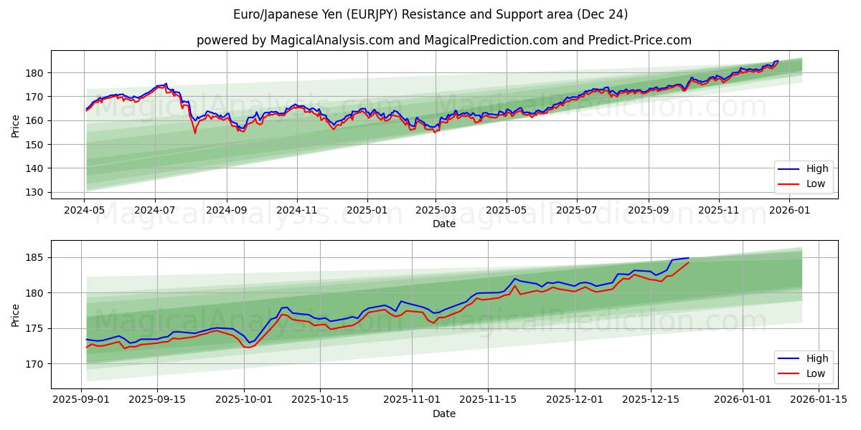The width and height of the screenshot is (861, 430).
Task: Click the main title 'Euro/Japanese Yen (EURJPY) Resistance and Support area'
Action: tap(430, 14)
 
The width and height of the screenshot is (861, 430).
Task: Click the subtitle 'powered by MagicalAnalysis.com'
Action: tap(295, 40)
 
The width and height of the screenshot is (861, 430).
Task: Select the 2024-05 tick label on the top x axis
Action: tap(85, 210)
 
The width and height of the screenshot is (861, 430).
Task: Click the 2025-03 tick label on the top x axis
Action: tap(436, 210)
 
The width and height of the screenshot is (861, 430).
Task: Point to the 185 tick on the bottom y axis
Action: tap(36, 257)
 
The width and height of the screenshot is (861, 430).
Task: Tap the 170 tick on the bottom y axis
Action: tap(36, 364)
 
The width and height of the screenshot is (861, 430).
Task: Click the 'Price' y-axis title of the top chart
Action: tap(16, 126)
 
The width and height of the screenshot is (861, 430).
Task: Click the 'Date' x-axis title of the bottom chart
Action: tap(444, 414)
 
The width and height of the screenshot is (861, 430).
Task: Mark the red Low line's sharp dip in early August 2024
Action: tap(194, 133)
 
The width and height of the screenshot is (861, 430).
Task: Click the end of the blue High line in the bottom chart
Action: tap(688, 258)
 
